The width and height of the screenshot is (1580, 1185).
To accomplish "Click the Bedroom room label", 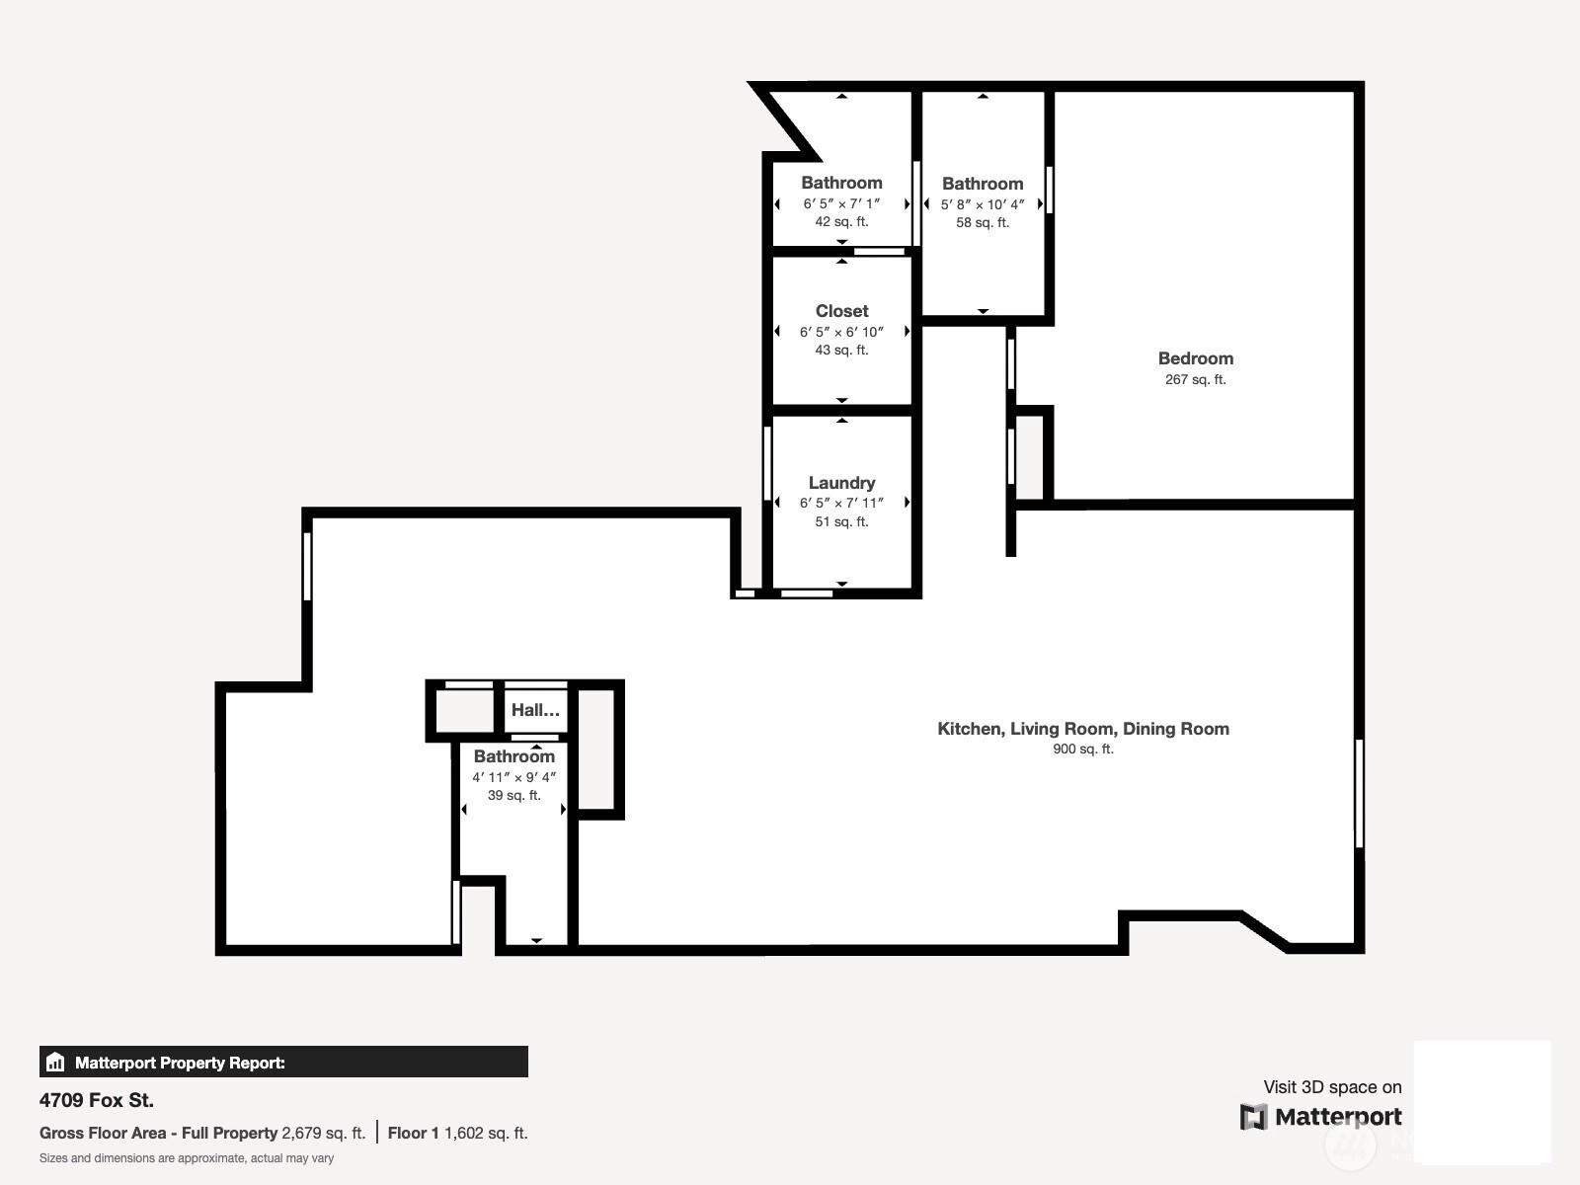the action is pos(1195,358).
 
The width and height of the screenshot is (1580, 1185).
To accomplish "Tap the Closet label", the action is pos(841,311).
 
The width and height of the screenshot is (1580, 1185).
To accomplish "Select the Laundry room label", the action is pos(841,483).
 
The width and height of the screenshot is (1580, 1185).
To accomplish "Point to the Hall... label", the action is pos(535,710).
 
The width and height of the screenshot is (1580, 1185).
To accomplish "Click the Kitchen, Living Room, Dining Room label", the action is pos(1082,729).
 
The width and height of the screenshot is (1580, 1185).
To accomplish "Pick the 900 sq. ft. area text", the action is pos(1082,749).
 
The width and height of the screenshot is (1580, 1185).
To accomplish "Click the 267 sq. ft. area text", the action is pos(1195,379).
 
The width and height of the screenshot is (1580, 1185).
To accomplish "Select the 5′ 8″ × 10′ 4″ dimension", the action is pos(983,204).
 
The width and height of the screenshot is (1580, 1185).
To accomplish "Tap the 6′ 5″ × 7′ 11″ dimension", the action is pos(841,503).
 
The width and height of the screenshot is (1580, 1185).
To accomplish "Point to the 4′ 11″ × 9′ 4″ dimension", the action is pos(513,777).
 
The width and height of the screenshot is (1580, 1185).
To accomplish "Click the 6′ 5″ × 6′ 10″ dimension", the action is pos(841,332).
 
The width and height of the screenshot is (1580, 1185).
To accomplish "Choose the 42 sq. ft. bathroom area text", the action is pos(841,221).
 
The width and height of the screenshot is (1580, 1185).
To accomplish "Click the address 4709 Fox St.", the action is pos(97,1100).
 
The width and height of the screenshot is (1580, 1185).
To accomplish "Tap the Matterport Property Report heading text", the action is pos(180,1063).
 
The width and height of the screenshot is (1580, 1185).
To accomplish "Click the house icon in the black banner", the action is pos(55,1062).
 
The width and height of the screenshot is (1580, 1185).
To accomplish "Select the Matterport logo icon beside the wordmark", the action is pos(1253,1117).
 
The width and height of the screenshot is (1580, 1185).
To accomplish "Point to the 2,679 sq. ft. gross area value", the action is pos(323,1134).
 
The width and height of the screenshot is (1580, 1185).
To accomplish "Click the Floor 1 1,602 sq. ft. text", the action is pos(458,1134).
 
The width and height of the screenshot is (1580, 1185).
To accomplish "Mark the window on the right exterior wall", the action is pos(1359,794).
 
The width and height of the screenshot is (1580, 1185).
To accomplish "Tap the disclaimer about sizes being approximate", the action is pos(187,1158).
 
